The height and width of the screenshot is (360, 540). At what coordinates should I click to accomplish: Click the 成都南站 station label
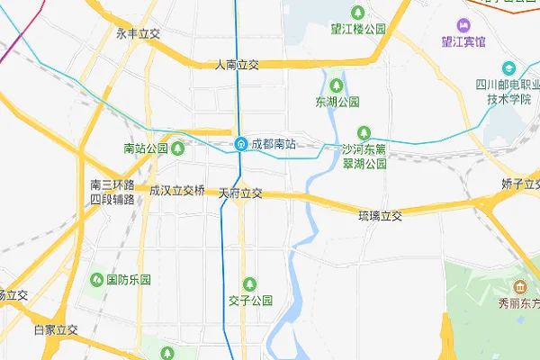[x=273, y=144]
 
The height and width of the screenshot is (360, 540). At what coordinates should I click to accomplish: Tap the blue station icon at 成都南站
[x=241, y=144]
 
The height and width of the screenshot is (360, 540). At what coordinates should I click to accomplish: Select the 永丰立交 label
[x=138, y=33]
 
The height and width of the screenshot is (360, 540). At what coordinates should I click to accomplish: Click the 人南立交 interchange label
[x=238, y=65]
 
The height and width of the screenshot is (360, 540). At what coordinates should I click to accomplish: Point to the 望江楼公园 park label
[x=358, y=29]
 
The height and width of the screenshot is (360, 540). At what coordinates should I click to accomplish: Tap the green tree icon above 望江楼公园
[x=358, y=13]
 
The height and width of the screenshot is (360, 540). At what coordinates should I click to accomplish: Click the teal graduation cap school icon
[x=508, y=68]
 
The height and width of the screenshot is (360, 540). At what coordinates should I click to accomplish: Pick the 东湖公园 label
[x=337, y=102]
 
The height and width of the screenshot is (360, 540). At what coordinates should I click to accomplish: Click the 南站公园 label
[x=146, y=148]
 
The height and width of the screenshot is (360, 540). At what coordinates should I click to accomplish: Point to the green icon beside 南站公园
[x=178, y=148]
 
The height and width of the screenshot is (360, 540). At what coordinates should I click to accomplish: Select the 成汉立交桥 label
[x=177, y=191]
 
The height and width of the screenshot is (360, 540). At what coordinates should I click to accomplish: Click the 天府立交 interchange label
[x=240, y=193]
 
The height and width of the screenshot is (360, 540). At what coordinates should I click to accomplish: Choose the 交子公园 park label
[x=250, y=301]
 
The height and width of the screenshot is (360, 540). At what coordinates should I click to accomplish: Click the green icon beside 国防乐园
[x=95, y=280]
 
